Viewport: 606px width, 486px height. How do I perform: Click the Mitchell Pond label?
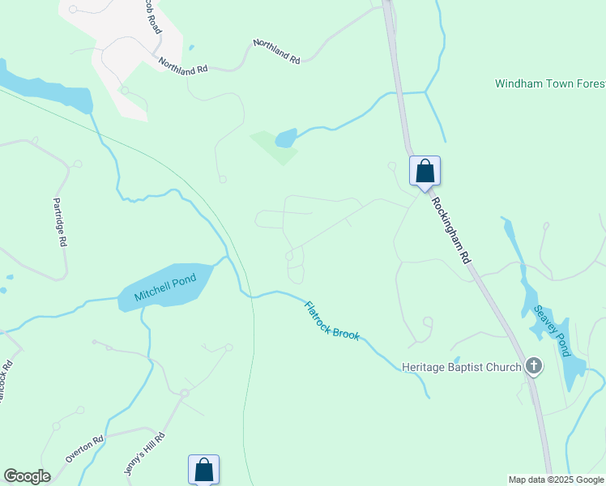point(166,287)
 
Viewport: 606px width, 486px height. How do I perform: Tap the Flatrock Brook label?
point(331,320)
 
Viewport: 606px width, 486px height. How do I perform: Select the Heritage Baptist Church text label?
point(462,367)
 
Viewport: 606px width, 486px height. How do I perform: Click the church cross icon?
point(533,367)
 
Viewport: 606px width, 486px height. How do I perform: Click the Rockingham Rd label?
point(450,231)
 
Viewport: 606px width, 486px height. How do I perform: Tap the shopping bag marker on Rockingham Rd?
point(425,172)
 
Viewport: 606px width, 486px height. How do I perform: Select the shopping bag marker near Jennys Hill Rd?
point(203,470)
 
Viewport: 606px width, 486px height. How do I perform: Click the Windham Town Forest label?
point(549,83)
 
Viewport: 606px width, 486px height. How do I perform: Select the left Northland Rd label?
point(183,66)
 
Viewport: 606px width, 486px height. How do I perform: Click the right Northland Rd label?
point(276,51)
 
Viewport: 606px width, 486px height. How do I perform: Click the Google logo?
point(27,476)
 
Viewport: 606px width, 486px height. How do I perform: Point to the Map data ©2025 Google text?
point(557,480)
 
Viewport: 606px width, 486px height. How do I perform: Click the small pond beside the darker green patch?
point(286,139)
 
